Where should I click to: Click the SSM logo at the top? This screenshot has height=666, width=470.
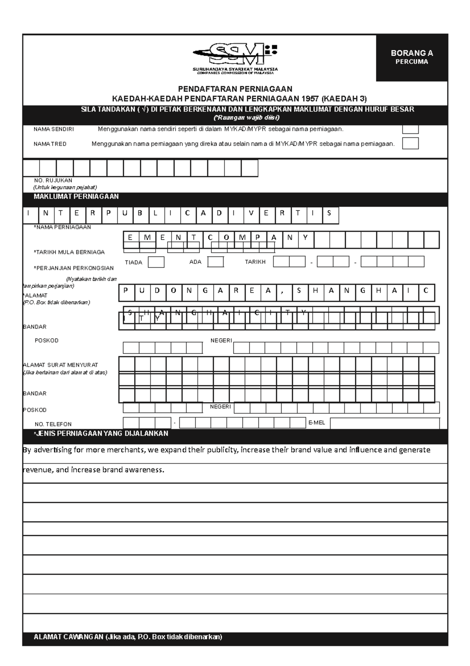coord(235,55)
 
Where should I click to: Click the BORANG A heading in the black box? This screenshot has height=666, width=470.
coord(412,53)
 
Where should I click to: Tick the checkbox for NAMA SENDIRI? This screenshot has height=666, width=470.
coord(410,129)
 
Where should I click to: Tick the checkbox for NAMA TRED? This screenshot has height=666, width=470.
coord(410,144)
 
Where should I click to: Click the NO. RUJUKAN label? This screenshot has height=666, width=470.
coord(53,180)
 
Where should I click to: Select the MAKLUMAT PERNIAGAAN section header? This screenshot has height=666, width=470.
coord(76,197)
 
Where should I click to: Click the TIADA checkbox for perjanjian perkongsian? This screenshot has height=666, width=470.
coord(156,262)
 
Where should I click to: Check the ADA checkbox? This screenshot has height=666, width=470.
coord(215,262)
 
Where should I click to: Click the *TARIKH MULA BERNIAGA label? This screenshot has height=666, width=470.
coord(69,252)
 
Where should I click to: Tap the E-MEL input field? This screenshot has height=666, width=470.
coord(385,423)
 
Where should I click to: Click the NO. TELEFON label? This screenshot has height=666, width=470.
coord(53,424)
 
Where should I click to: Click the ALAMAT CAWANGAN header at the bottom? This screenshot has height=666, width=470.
coord(128,637)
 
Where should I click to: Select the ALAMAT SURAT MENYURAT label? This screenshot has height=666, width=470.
coord(61,365)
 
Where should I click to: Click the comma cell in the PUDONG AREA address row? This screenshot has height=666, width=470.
coord(282,291)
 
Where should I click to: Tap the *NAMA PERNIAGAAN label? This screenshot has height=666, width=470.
coord(63,227)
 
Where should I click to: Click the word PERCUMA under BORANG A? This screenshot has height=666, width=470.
coord(412,62)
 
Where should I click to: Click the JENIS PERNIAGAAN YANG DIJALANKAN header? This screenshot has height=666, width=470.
coord(101,433)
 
